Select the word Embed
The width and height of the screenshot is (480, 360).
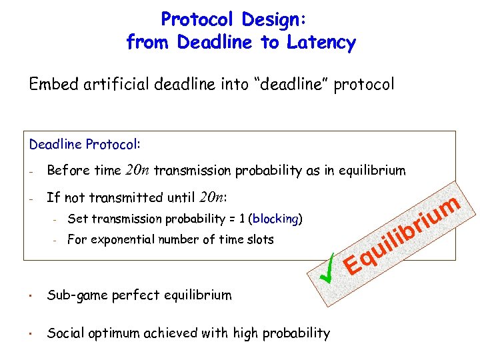(49, 85)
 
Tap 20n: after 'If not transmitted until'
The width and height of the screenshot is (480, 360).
(212, 197)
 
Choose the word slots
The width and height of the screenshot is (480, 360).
(257, 239)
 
